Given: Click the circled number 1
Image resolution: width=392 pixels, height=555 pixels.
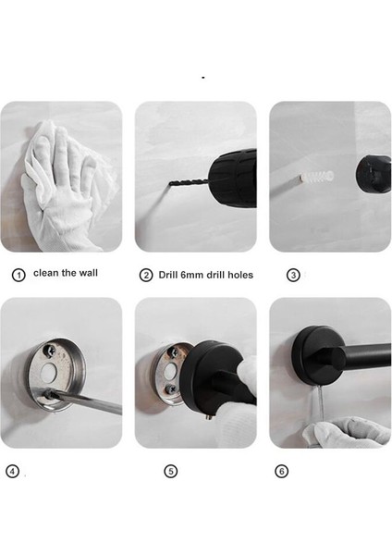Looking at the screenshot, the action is pyautogui.click(x=18, y=275).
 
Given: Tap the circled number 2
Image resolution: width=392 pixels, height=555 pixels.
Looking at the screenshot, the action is pyautogui.click(x=146, y=275).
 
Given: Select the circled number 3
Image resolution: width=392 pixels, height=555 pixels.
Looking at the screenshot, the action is pyautogui.click(x=293, y=275).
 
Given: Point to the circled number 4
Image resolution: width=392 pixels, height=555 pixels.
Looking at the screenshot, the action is pyautogui.click(x=12, y=471).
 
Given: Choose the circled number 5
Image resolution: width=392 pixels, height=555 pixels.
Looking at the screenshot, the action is pyautogui.click(x=171, y=471).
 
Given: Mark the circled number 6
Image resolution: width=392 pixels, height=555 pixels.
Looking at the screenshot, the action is pyautogui.click(x=282, y=471).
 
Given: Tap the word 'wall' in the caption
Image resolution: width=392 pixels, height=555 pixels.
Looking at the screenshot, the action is pyautogui.click(x=88, y=273).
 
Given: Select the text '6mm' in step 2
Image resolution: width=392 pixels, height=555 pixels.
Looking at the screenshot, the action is pyautogui.click(x=192, y=275).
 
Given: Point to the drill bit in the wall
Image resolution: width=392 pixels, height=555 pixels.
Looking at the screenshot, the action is pyautogui.click(x=189, y=182).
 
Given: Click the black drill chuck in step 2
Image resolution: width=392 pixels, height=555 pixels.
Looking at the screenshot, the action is pyautogui.click(x=232, y=179).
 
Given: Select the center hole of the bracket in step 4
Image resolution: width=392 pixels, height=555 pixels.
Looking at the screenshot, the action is pyautogui.click(x=48, y=371).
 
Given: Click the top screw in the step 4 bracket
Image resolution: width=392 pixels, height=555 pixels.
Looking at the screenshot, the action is pyautogui.click(x=49, y=351).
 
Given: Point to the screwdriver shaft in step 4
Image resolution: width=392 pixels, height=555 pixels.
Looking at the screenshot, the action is pyautogui.click(x=85, y=402).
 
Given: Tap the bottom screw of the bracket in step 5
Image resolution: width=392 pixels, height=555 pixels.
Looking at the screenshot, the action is pyautogui.click(x=172, y=389).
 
